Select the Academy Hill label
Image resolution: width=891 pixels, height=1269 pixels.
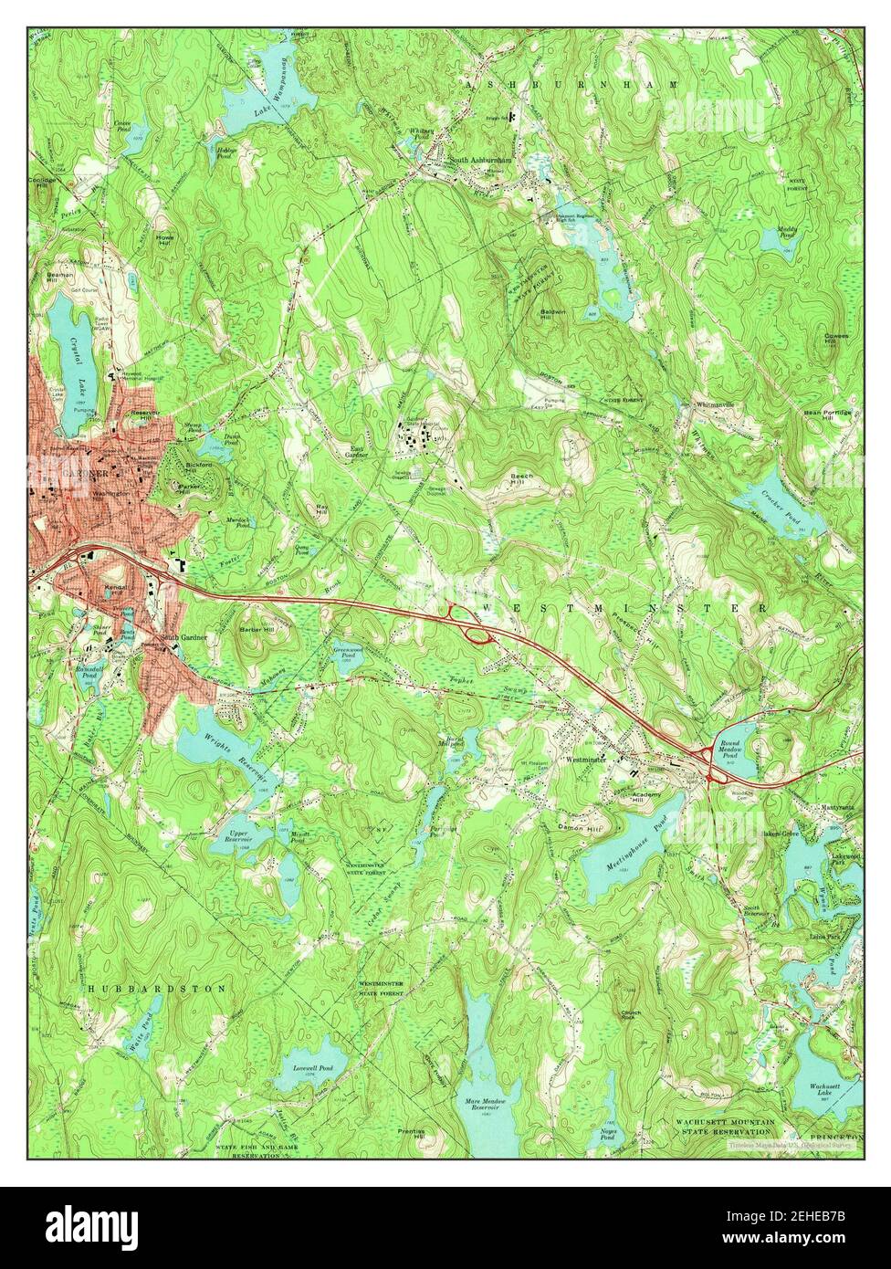click(645, 799)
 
